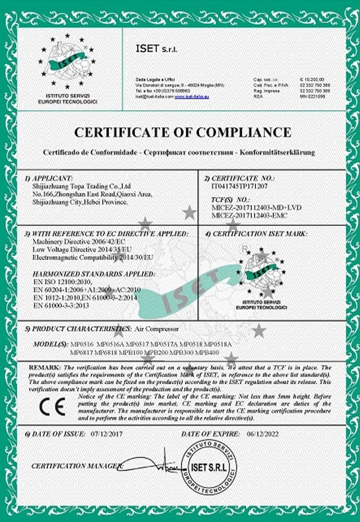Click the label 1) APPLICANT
coord(49,178)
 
